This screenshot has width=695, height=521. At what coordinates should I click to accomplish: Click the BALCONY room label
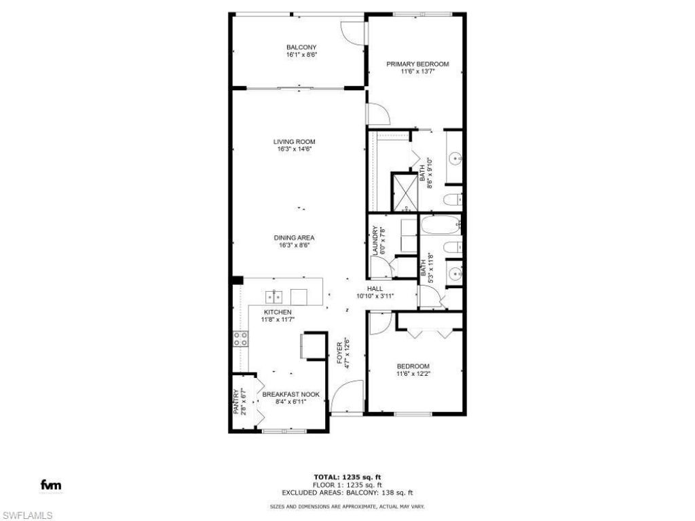click(301, 47)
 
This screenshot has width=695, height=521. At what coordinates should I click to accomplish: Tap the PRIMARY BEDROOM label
click(417, 64)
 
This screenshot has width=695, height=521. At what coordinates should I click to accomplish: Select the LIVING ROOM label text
click(295, 142)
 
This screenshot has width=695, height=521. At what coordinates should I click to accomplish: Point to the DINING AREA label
click(294, 237)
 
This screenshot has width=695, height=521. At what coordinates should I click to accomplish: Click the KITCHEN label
click(278, 312)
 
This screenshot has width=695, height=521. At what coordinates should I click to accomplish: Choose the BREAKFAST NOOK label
click(290, 394)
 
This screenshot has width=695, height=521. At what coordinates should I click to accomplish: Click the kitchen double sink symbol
click(274, 296)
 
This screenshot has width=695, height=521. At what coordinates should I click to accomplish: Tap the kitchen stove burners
click(240, 339)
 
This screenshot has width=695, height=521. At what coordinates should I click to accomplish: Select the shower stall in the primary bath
click(405, 191)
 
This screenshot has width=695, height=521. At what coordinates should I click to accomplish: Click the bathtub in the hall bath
click(440, 225)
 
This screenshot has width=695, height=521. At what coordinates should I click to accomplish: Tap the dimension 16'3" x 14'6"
click(295, 149)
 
